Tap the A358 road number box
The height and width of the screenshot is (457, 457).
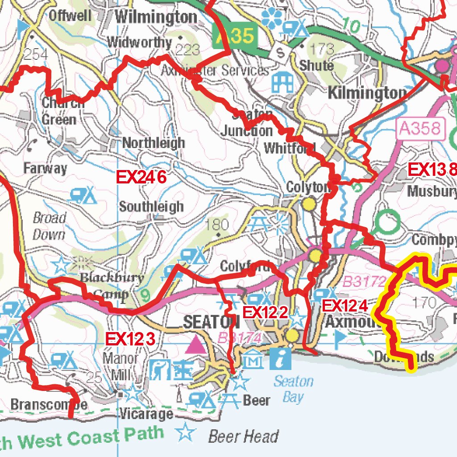(422, 129)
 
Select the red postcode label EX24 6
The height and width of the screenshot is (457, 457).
(141, 178)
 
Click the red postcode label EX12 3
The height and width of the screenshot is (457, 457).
(130, 339)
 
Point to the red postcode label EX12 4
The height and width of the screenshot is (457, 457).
(345, 306)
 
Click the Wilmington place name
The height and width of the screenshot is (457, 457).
(156, 17)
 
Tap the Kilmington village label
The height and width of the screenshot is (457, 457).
(367, 93)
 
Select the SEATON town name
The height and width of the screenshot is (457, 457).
(212, 322)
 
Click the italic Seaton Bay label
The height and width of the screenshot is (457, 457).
(293, 389)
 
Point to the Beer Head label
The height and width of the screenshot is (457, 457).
(244, 436)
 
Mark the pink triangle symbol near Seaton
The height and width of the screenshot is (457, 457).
(195, 345)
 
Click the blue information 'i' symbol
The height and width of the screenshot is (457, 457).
(281, 358)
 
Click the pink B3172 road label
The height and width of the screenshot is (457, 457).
(364, 282)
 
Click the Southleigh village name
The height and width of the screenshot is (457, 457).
(151, 207)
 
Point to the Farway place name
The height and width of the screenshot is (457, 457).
(45, 169)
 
